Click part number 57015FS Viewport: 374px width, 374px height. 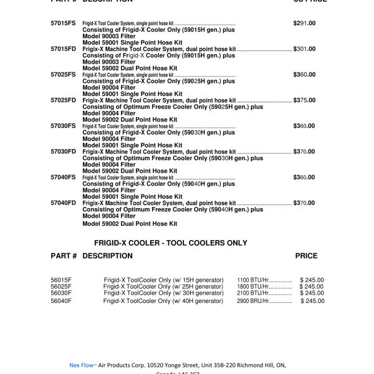point(63,23)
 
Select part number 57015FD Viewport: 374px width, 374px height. point(63,49)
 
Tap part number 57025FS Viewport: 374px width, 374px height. point(63,74)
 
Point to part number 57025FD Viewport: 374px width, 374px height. point(63,100)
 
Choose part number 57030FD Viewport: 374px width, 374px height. point(63,151)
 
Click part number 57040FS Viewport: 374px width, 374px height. point(63,177)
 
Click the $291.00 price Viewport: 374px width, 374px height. point(304,23)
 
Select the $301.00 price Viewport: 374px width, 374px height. point(304,49)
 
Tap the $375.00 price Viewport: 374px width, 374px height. point(304,100)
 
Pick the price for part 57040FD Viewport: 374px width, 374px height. point(304,203)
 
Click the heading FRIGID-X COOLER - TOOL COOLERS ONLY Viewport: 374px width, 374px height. point(170,243)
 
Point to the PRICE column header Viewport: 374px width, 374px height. point(306,256)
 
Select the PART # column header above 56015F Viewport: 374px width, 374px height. point(64,256)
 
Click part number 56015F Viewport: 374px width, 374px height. point(61,280)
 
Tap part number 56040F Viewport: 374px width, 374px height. point(61,301)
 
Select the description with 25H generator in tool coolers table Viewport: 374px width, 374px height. point(163,287)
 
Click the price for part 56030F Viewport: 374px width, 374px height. point(312,293)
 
